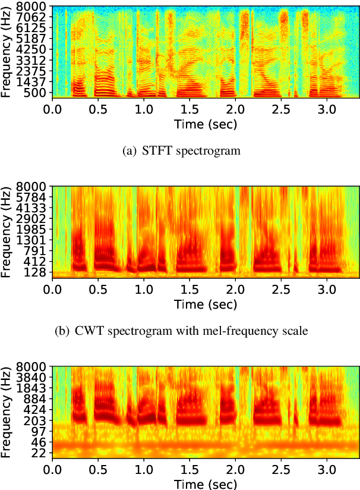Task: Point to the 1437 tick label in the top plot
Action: click(36, 81)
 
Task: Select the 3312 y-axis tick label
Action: click(36, 60)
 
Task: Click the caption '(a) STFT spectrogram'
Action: click(181, 151)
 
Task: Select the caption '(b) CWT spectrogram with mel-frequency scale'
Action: click(181, 331)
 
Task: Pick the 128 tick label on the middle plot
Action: click(39, 272)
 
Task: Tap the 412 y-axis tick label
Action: click(39, 262)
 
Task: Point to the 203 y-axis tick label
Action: click(39, 420)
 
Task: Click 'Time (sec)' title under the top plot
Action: click(205, 124)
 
